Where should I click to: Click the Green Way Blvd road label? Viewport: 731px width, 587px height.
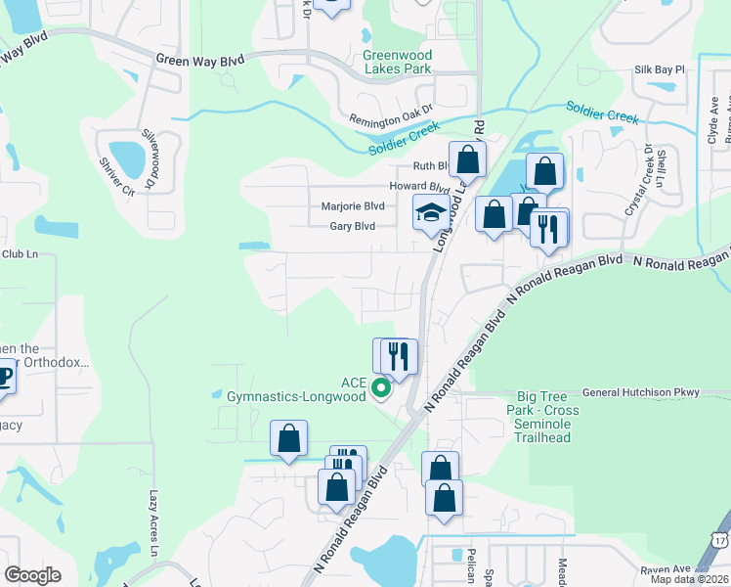click(198, 59)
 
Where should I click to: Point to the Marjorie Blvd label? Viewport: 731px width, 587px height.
click(353, 206)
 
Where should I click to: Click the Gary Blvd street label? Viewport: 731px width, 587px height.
click(352, 226)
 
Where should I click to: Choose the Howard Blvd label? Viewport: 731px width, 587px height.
click(419, 186)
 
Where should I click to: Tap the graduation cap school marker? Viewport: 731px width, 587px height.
click(431, 213)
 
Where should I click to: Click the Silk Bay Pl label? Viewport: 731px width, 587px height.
click(660, 70)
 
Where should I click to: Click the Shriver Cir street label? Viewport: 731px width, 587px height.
click(114, 177)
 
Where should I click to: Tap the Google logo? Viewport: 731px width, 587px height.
click(33, 574)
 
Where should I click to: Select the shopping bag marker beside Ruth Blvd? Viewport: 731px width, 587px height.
click(467, 159)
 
